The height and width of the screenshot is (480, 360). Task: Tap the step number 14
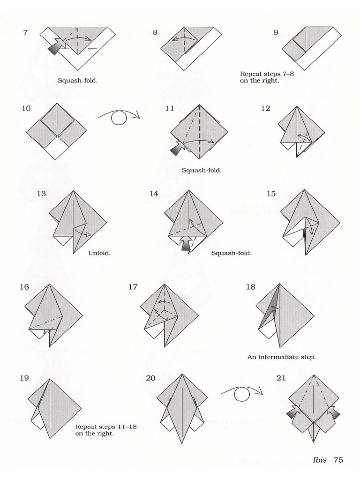coord(154,194)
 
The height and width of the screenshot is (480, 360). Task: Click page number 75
coord(338,459)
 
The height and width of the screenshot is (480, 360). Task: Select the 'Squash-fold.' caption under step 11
coord(202,170)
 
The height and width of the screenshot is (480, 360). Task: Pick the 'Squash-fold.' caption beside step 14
coord(231,253)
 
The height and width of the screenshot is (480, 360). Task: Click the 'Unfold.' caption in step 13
coord(99,253)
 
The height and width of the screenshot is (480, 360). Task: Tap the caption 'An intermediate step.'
coord(281,357)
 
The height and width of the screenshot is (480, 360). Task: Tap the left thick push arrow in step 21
coord(292,412)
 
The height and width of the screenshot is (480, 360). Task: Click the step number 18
coord(250,286)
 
